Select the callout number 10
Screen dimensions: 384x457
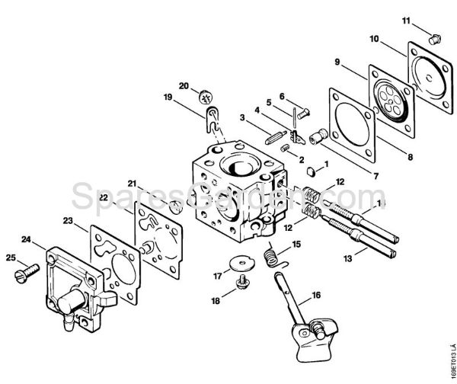tap(374, 38)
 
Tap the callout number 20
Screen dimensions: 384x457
tap(183, 85)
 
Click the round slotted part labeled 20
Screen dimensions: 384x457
tap(204, 97)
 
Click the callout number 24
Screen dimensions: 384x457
tap(27, 240)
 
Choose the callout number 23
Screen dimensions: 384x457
tap(69, 222)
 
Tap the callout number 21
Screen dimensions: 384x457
tap(131, 184)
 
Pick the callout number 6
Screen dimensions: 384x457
tap(281, 96)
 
